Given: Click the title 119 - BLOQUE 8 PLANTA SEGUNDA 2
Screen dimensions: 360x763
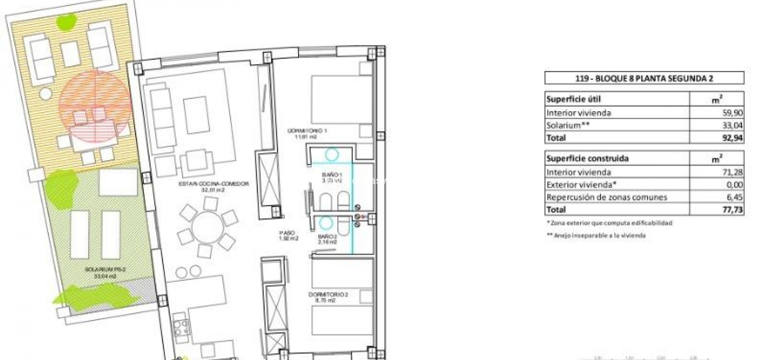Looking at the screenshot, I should (644, 78).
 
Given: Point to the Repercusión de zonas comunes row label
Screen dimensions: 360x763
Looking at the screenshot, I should (606, 197).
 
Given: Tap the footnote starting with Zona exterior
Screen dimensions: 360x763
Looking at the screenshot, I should (610, 223).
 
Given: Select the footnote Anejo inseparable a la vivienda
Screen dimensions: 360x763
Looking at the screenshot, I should (597, 236).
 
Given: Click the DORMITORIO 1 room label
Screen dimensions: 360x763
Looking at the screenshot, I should (307, 131).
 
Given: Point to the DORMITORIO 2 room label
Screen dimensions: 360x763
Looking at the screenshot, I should (328, 295).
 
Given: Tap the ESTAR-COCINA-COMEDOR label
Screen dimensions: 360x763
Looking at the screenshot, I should (214, 184).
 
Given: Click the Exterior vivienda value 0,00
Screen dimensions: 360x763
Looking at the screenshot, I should (734, 185).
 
